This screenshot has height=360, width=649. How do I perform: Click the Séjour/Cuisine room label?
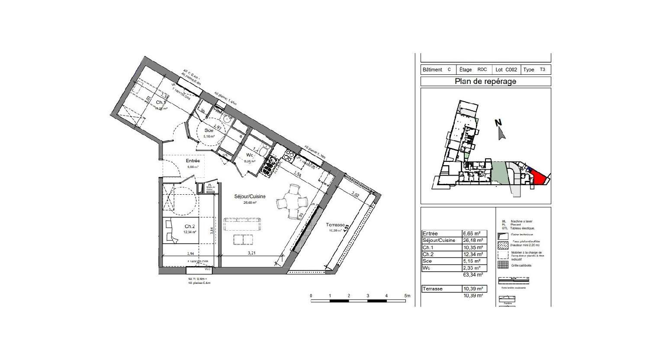coord(251,196)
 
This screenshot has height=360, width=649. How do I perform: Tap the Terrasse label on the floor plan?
coord(335,225)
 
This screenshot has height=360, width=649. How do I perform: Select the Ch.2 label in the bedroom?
coord(190,226)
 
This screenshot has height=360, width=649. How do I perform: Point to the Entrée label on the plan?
coord(193,161)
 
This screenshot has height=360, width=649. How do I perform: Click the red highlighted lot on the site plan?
coord(537,177)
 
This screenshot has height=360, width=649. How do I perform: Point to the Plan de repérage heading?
coord(485,81)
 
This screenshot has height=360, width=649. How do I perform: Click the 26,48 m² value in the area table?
coord(473,241)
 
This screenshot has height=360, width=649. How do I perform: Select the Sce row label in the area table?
coord(427,261)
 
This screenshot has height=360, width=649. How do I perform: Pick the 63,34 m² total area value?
coord(473,275)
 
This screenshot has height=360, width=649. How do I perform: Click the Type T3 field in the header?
coord(535,70)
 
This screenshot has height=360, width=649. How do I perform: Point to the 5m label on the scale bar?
coord(407,296)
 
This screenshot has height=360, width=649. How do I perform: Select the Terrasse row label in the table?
coord(433,289)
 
